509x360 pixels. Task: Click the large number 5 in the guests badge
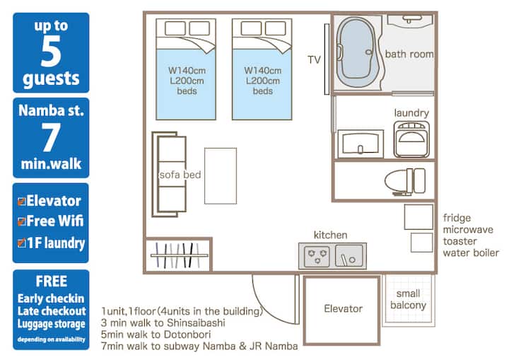pos(51,52)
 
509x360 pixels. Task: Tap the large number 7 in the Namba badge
pos(51,137)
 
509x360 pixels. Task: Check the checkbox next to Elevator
pos(21,202)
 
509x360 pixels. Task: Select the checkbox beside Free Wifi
pos(21,221)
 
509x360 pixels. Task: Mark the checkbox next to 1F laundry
pos(21,243)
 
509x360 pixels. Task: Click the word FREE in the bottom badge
pos(52,281)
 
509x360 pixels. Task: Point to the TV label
pos(314,60)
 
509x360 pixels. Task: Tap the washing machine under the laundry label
pos(411,139)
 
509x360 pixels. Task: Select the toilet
pos(405,181)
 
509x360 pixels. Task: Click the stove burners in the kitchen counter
pos(317,256)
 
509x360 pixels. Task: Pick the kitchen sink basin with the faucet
pos(349,256)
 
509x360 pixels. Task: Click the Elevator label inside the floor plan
pos(343,308)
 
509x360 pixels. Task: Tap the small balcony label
pos(408,299)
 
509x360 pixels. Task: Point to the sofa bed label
pos(180,175)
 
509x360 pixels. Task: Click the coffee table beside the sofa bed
pos(221,176)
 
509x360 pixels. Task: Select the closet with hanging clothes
pos(179,255)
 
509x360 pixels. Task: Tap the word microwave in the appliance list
pos(468,230)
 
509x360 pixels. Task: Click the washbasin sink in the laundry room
pos(361,144)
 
